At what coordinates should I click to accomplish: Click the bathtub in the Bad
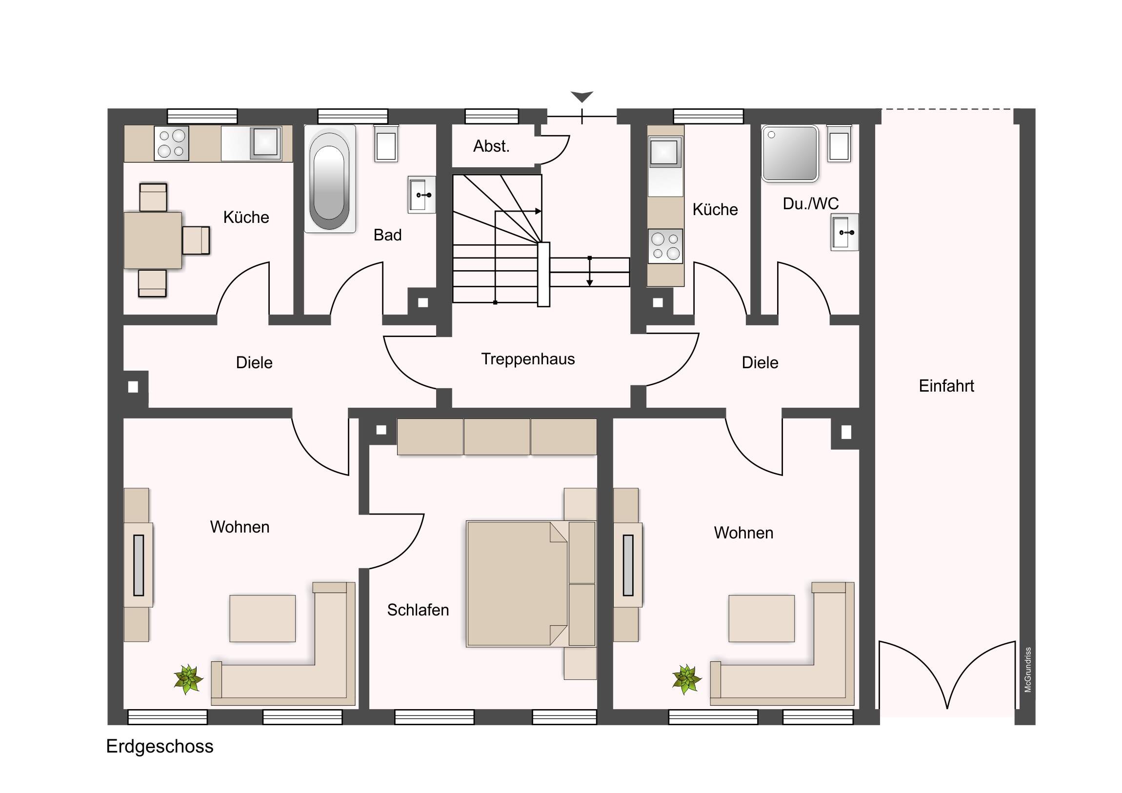pyautogui.click(x=330, y=178)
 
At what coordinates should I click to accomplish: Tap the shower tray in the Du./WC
pyautogui.click(x=790, y=154)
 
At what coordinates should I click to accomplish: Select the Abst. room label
pyautogui.click(x=491, y=146)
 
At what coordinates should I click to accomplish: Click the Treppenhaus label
pyautogui.click(x=528, y=359)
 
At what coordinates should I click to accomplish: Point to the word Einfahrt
pyautogui.click(x=946, y=386)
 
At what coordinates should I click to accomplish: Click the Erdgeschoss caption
pyautogui.click(x=160, y=747)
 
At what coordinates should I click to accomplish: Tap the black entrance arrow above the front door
pyautogui.click(x=581, y=96)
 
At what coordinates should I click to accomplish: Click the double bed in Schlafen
pyautogui.click(x=531, y=584)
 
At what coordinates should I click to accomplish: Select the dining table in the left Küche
pyautogui.click(x=153, y=240)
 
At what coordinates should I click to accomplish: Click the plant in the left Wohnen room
pyautogui.click(x=188, y=679)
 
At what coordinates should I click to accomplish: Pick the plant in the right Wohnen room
pyautogui.click(x=686, y=679)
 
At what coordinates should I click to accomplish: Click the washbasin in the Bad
pyautogui.click(x=422, y=195)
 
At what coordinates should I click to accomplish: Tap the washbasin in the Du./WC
pyautogui.click(x=844, y=232)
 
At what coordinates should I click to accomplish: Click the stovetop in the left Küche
pyautogui.click(x=172, y=143)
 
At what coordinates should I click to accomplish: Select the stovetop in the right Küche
pyautogui.click(x=665, y=246)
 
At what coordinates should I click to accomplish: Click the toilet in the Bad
pyautogui.click(x=386, y=143)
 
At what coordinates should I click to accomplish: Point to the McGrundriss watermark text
pyautogui.click(x=1028, y=670)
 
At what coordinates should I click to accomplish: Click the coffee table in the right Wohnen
pyautogui.click(x=761, y=618)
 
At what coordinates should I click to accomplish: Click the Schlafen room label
pyautogui.click(x=418, y=610)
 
